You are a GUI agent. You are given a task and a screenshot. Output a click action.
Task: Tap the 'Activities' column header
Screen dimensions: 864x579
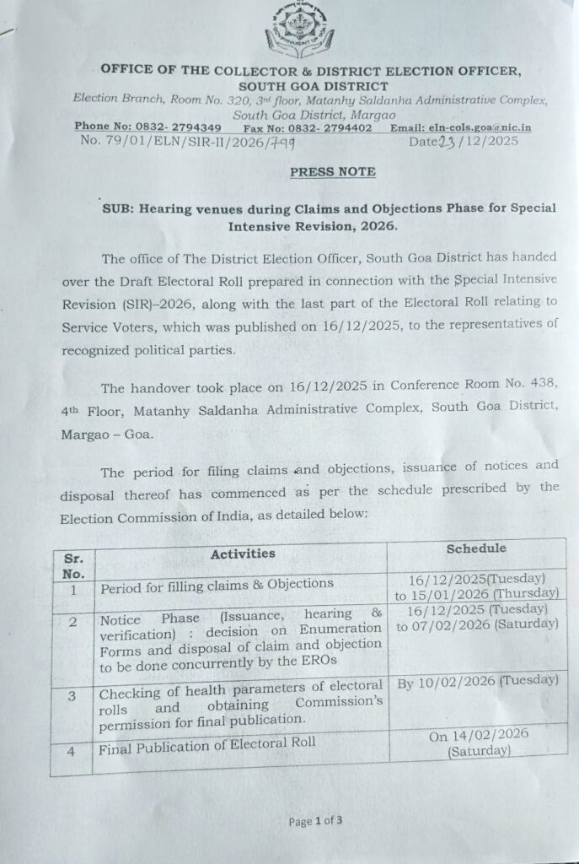click(242, 554)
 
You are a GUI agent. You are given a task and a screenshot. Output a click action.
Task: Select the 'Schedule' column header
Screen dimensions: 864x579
click(476, 548)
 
